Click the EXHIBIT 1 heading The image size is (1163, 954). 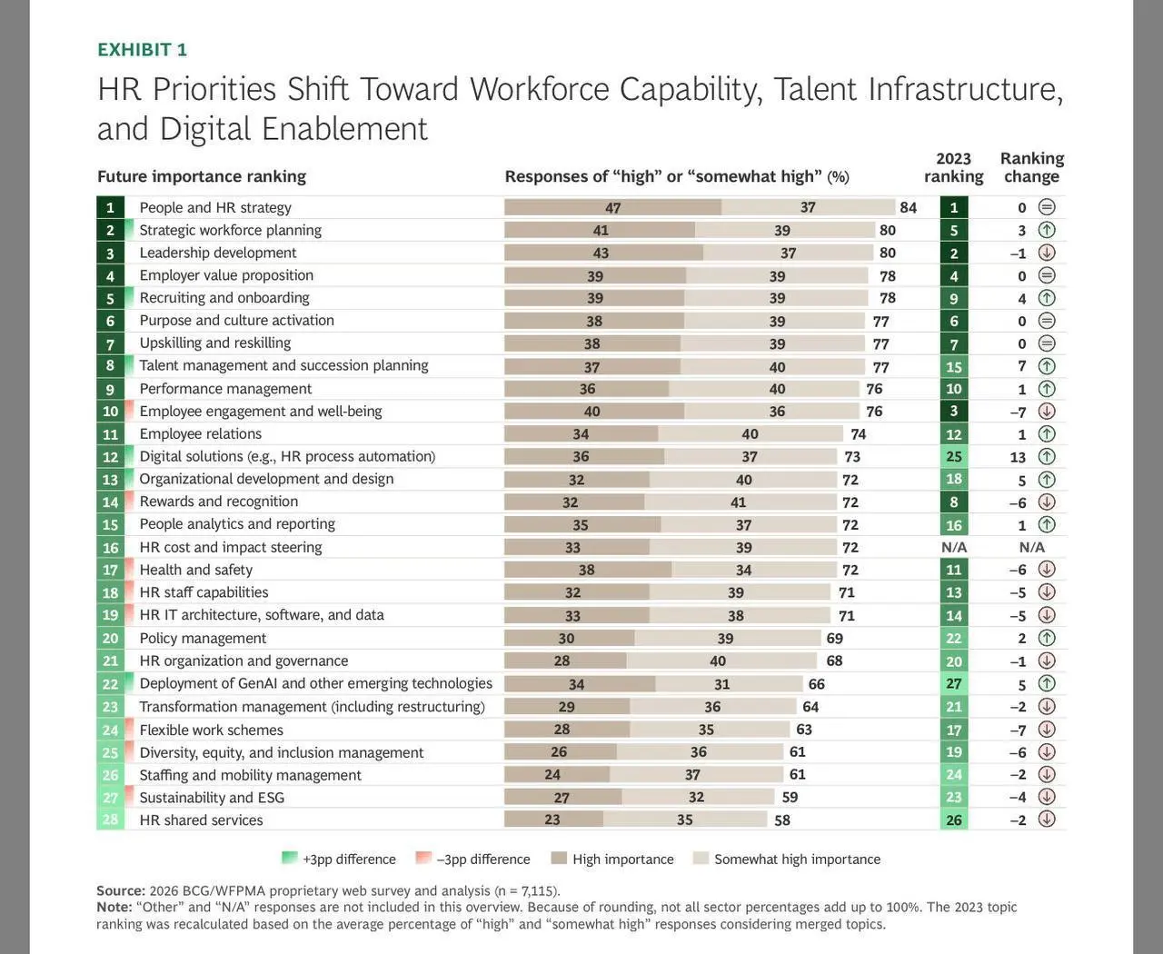[143, 50]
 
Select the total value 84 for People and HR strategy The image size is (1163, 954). [909, 207]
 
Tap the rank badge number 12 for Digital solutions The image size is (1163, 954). [110, 457]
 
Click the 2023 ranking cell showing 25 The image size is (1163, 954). [954, 457]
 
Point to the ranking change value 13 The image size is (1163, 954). [1018, 457]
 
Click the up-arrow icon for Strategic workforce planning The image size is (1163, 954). [1047, 230]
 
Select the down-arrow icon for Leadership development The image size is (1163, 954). [1047, 253]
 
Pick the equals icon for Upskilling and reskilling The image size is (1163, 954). [1047, 343]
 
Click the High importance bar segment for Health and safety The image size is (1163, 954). [588, 570]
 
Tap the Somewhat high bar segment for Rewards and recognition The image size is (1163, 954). [741, 502]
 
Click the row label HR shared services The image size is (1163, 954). [202, 820]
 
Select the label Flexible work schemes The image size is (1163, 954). [211, 730]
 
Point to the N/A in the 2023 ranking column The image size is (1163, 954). [954, 547]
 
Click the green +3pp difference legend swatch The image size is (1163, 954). [289, 858]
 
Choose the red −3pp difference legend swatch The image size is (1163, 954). [423, 858]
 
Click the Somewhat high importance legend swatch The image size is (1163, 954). [701, 858]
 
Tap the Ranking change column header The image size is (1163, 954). [1032, 167]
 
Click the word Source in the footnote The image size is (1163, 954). [121, 890]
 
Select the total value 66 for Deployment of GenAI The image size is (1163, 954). [816, 684]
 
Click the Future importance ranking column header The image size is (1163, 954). [202, 176]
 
